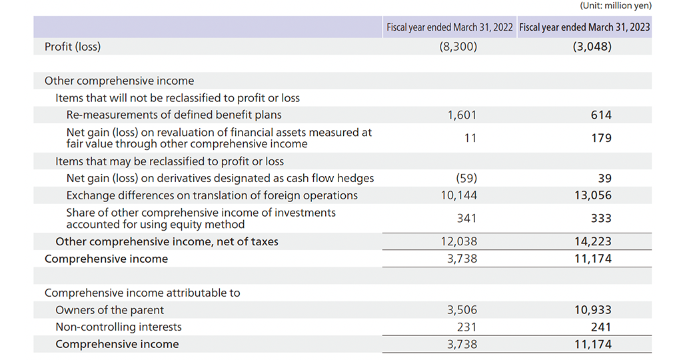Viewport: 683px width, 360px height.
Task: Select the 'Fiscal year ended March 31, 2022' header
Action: click(x=450, y=27)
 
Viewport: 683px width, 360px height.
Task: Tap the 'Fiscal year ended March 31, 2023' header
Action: click(x=584, y=27)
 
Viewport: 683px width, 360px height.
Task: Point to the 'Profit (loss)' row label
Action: click(x=73, y=47)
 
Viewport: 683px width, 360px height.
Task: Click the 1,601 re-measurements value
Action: click(x=462, y=115)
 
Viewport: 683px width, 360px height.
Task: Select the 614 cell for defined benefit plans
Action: click(x=601, y=115)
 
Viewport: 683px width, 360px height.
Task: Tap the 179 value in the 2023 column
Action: click(x=601, y=138)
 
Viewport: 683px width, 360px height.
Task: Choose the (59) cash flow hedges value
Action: click(x=466, y=178)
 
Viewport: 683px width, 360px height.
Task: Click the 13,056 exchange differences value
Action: click(x=593, y=195)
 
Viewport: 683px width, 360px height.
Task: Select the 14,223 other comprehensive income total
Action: click(x=593, y=241)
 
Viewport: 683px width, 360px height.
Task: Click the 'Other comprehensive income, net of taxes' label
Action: click(x=167, y=241)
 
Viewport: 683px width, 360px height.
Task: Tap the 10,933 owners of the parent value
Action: click(x=593, y=310)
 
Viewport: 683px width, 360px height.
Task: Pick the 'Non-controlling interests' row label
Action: click(x=119, y=327)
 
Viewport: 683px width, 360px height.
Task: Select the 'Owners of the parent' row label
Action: click(x=109, y=310)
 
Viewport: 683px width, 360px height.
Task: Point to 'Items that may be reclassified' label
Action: click(x=169, y=161)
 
